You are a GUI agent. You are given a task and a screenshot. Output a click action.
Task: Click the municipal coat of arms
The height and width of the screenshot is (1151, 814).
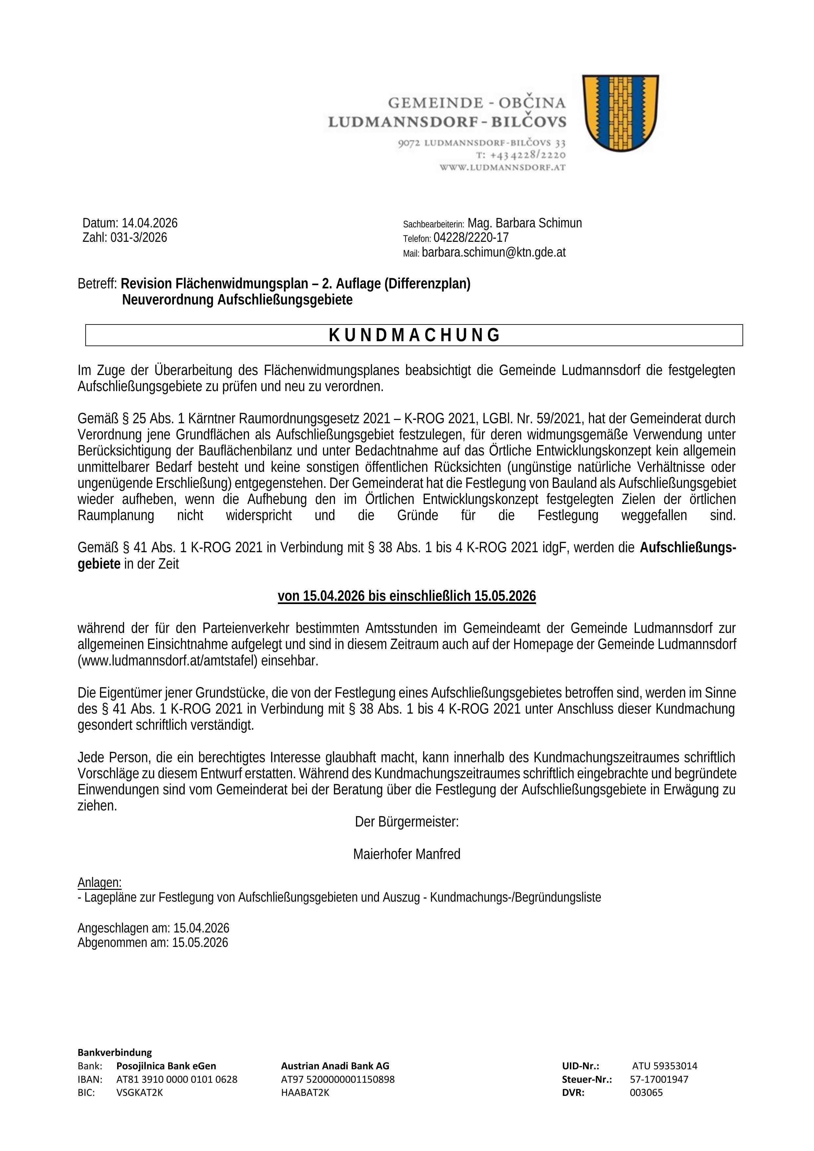(620, 113)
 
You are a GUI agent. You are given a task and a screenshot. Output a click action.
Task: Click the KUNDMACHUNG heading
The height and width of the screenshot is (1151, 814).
(414, 335)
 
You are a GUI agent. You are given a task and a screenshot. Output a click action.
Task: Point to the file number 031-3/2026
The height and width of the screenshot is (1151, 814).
(138, 238)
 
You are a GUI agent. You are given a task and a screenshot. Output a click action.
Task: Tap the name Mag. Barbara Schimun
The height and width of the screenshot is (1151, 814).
(525, 223)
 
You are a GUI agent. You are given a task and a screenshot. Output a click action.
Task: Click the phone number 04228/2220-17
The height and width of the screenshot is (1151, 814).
(471, 238)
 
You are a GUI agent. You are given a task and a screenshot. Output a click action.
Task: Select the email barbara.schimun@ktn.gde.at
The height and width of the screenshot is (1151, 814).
(494, 253)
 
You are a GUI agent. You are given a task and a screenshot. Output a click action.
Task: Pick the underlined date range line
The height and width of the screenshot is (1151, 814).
(407, 596)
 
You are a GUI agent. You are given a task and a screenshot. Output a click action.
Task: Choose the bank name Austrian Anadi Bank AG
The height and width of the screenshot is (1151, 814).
(335, 1066)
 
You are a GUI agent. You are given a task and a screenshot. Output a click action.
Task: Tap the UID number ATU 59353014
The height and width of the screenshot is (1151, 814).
(664, 1066)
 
